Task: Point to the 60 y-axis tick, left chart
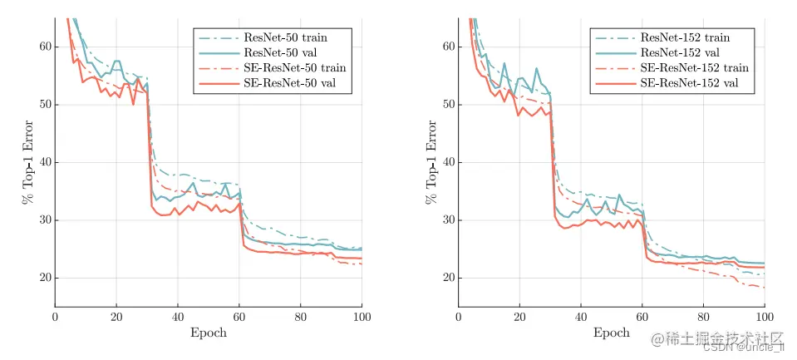(44, 47)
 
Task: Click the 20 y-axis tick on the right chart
(447, 278)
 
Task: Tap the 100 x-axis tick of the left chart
(362, 317)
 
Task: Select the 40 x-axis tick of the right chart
(580, 317)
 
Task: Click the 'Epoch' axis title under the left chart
(209, 333)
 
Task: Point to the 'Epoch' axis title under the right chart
(611, 333)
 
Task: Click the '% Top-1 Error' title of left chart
(27, 162)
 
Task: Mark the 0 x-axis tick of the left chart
(55, 317)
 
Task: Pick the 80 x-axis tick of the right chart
(703, 317)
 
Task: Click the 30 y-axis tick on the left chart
(44, 220)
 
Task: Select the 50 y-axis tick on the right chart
(447, 105)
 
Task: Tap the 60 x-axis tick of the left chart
(239, 317)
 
